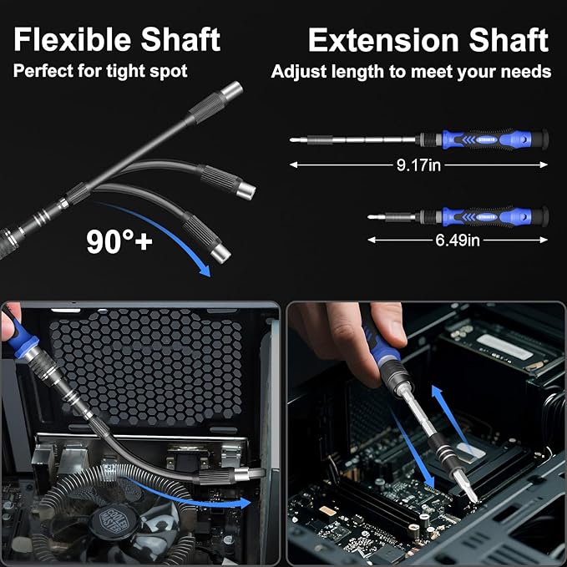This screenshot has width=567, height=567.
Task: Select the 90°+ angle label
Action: (x=119, y=241)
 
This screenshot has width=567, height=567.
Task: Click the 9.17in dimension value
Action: (x=418, y=165)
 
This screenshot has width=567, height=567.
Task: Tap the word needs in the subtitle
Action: (x=524, y=71)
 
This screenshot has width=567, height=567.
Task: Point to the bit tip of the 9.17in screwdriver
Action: (x=294, y=140)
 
